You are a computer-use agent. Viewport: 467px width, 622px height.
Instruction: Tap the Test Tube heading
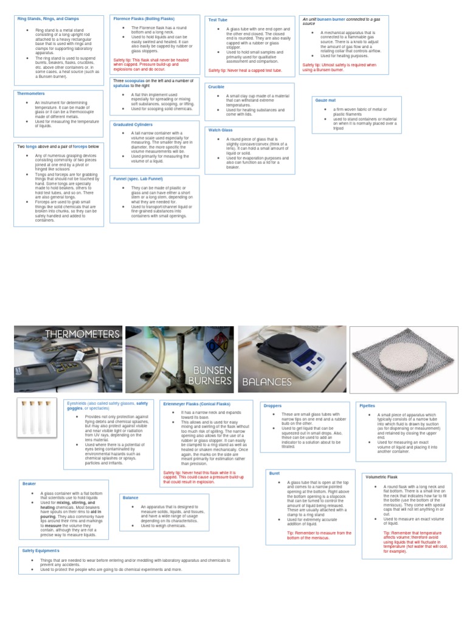tap(218, 20)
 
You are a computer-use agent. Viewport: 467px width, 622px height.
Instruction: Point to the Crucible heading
tap(216, 87)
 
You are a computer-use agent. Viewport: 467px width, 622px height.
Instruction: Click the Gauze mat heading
tap(326, 100)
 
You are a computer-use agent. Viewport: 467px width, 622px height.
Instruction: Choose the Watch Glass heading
tap(220, 130)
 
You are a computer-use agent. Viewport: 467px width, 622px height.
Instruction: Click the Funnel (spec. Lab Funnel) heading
tap(138, 179)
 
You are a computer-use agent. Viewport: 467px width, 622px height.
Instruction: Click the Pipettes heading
tap(367, 405)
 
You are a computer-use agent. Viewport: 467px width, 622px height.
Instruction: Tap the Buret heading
tap(274, 473)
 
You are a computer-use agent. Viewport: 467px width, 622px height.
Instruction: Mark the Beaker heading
tap(29, 484)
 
